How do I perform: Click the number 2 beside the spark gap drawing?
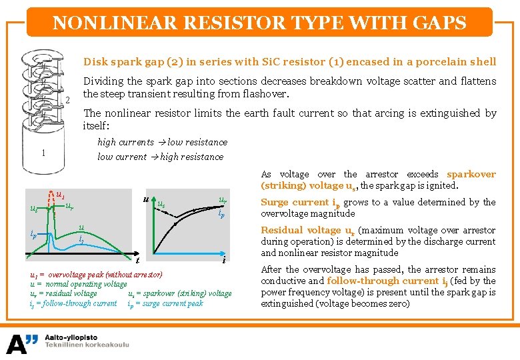point(67,101)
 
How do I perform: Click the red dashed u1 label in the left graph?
point(59,195)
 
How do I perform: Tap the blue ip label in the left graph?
point(33,234)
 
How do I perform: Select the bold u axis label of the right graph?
point(146,199)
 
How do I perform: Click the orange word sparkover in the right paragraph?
point(471,175)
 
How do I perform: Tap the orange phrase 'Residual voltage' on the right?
point(300,231)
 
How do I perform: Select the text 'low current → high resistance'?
point(160,157)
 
